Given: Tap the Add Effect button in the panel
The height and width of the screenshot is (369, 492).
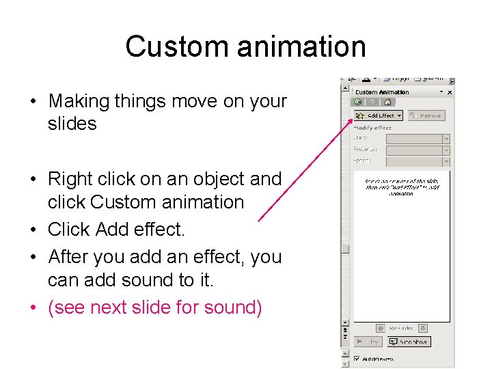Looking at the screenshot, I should [x=377, y=115].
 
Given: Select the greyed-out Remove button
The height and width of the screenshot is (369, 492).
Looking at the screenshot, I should [x=426, y=115].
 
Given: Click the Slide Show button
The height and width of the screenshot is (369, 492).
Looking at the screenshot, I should [x=409, y=342].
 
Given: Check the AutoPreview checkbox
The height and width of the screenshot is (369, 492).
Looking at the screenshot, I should [x=357, y=359].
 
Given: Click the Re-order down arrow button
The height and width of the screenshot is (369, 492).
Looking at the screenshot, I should [x=422, y=329].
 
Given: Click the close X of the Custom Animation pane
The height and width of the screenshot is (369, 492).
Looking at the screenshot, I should [x=450, y=92].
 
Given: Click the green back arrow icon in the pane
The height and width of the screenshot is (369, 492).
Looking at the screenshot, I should [x=357, y=102].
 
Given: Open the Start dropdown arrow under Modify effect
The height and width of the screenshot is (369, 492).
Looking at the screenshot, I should [x=446, y=138].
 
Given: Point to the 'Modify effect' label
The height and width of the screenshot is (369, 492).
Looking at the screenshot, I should [x=372, y=127].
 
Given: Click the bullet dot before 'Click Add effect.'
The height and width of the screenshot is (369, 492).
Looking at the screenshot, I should [x=33, y=230].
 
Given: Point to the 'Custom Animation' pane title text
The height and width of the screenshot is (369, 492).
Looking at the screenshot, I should [x=382, y=92].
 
